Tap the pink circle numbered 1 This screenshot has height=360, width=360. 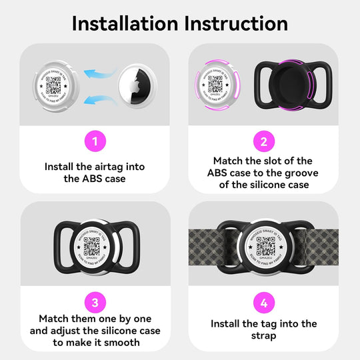(x=95, y=141)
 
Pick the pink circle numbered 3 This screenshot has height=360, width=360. (x=95, y=302)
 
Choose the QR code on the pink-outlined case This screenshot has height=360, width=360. (x=215, y=85)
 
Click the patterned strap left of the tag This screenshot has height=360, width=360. (x=210, y=247)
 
